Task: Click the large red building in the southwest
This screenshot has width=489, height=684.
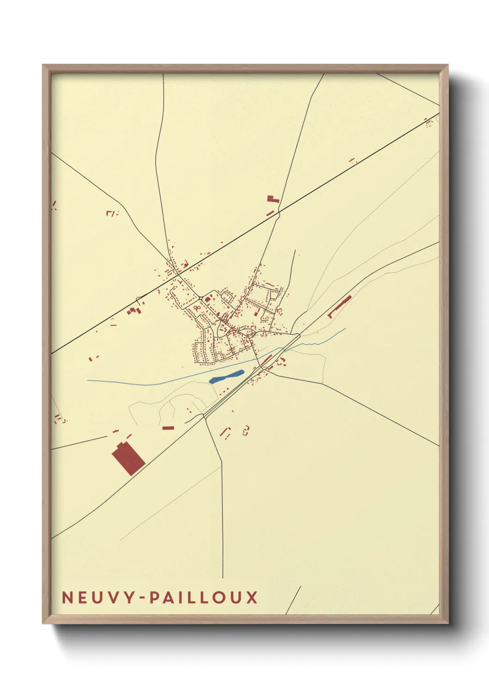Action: pyautogui.click(x=128, y=458)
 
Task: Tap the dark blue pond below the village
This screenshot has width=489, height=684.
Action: pyautogui.click(x=226, y=377)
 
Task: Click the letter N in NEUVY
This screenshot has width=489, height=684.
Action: pyautogui.click(x=67, y=598)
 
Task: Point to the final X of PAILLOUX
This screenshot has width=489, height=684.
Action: pyautogui.click(x=251, y=598)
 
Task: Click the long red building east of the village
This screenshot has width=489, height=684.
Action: pyautogui.click(x=340, y=306)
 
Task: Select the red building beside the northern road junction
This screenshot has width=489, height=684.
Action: pyautogui.click(x=273, y=200)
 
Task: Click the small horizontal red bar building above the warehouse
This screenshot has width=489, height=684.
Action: pyautogui.click(x=168, y=428)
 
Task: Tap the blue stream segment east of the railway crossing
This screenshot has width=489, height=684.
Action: pyautogui.click(x=324, y=340)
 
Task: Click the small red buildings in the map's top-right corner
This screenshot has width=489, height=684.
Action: pyautogui.click(x=428, y=122)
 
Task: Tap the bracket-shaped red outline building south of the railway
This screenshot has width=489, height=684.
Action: pyautogui.click(x=225, y=432)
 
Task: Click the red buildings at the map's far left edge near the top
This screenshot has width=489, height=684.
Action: pyautogui.click(x=54, y=204)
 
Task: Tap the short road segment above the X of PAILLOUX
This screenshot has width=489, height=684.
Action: pyautogui.click(x=293, y=600)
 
